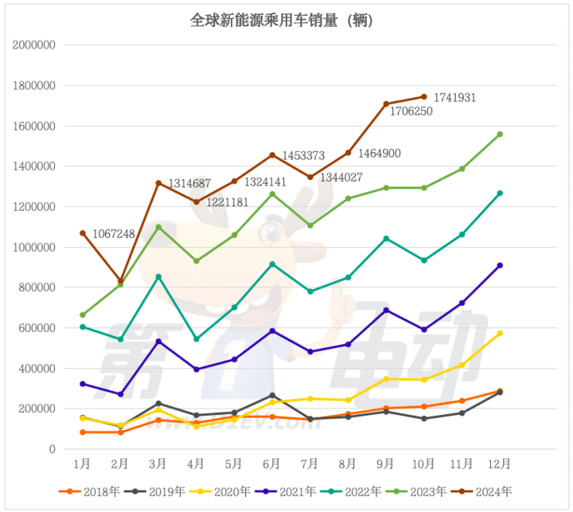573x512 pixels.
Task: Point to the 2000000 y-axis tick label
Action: [x=33, y=45]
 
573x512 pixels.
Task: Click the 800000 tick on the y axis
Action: [x=37, y=287]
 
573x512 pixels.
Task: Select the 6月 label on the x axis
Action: [x=272, y=463]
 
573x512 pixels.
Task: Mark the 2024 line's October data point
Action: [x=423, y=96]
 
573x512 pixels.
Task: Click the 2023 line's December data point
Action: [x=500, y=134]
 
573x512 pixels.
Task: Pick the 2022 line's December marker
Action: [x=500, y=193]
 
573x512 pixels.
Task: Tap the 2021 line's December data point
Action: [x=500, y=265]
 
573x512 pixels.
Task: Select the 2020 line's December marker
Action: [x=500, y=334]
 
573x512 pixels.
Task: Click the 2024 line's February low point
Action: [x=120, y=280]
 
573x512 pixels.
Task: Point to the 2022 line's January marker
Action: [x=82, y=326]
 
